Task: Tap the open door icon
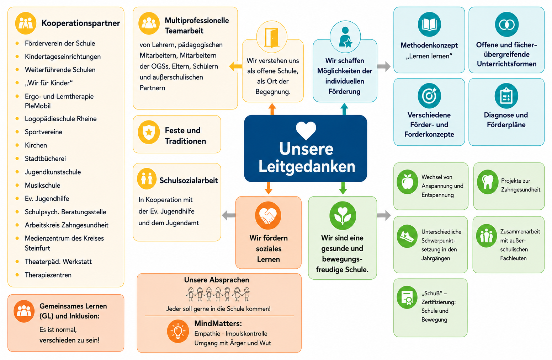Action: (x=272, y=37)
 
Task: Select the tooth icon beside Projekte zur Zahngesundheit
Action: (x=488, y=182)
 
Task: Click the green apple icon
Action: (x=407, y=182)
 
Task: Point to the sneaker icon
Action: (x=407, y=236)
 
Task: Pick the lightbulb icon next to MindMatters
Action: (x=178, y=331)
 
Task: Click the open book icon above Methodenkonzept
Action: (x=429, y=25)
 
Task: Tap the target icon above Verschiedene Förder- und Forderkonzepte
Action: (x=429, y=96)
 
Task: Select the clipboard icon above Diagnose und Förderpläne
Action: (x=506, y=96)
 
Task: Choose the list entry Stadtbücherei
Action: (x=45, y=158)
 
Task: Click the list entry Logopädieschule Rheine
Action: (x=60, y=119)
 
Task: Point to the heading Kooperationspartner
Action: (x=81, y=23)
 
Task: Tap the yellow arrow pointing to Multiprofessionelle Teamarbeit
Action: (x=235, y=66)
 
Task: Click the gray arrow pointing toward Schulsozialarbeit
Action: (x=229, y=215)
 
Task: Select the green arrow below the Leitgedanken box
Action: (x=343, y=188)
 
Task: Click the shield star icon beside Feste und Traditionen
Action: (x=149, y=132)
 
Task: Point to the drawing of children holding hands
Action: (x=218, y=294)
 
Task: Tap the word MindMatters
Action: (x=218, y=323)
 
